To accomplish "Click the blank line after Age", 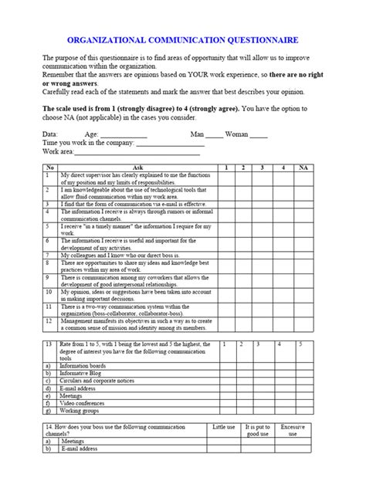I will pos(113,134).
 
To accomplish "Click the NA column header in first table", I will pos(303,168).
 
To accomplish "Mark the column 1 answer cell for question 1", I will pos(226,178).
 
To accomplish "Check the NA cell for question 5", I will pos(303,228).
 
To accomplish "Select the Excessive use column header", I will pos(293,430).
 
